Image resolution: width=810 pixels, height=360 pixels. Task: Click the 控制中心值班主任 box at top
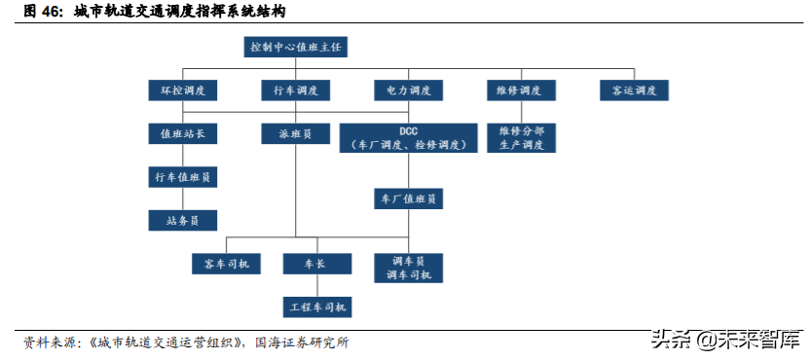(x=297, y=47)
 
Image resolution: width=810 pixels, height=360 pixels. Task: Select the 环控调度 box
(x=182, y=90)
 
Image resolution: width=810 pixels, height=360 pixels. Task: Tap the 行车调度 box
(x=296, y=90)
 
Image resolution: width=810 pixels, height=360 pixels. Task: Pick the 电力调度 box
(x=409, y=90)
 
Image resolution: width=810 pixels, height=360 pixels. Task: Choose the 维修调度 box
(x=522, y=90)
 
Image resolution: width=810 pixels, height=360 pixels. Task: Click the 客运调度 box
(x=635, y=90)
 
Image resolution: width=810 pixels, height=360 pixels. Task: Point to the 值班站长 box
(x=182, y=134)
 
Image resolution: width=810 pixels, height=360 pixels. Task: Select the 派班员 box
(x=296, y=134)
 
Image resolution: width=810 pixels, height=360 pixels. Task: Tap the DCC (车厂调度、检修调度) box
(x=409, y=137)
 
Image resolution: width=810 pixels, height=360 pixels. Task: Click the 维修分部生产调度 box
(x=522, y=137)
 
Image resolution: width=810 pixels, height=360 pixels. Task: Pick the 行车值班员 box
(x=182, y=177)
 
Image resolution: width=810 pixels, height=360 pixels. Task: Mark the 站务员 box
(x=182, y=221)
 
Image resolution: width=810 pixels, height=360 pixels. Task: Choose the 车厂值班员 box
(x=409, y=198)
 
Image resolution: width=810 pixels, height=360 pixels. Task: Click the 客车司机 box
(x=227, y=264)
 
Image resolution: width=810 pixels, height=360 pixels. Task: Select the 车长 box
(x=316, y=264)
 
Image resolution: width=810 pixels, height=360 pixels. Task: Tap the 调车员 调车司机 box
(x=409, y=268)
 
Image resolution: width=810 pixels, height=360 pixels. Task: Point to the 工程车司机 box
(x=316, y=307)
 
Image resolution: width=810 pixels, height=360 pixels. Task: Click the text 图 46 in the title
(x=43, y=13)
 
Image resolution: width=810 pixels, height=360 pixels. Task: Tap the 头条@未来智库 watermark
(x=728, y=340)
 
